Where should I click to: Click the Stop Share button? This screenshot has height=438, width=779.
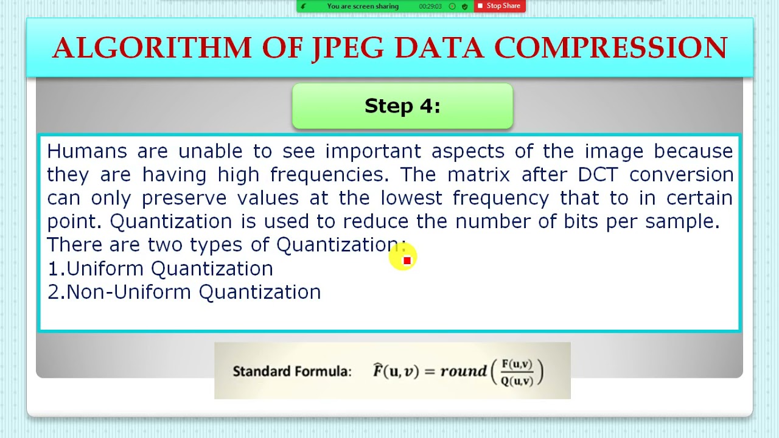[499, 6]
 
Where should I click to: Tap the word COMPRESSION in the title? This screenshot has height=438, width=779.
[610, 48]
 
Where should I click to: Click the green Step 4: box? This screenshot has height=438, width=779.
[402, 106]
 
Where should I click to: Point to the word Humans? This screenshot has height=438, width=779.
[87, 151]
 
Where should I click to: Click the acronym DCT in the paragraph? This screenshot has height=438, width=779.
[597, 175]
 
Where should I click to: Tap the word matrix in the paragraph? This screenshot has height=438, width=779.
[478, 175]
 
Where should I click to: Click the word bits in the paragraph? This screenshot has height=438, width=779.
[581, 221]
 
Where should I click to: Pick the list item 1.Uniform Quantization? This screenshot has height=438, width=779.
[161, 268]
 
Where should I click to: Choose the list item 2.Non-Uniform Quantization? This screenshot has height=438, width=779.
[184, 292]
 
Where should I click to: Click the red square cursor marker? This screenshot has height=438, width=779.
[407, 260]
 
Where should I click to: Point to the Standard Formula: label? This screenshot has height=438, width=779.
[292, 371]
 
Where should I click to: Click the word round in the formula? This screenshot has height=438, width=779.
[463, 371]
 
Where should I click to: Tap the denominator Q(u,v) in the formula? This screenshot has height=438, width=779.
[517, 381]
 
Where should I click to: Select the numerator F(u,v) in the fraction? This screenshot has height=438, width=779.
[517, 364]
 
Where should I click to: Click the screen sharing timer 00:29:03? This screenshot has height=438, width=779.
[430, 6]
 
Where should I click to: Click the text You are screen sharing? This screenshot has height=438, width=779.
[363, 6]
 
